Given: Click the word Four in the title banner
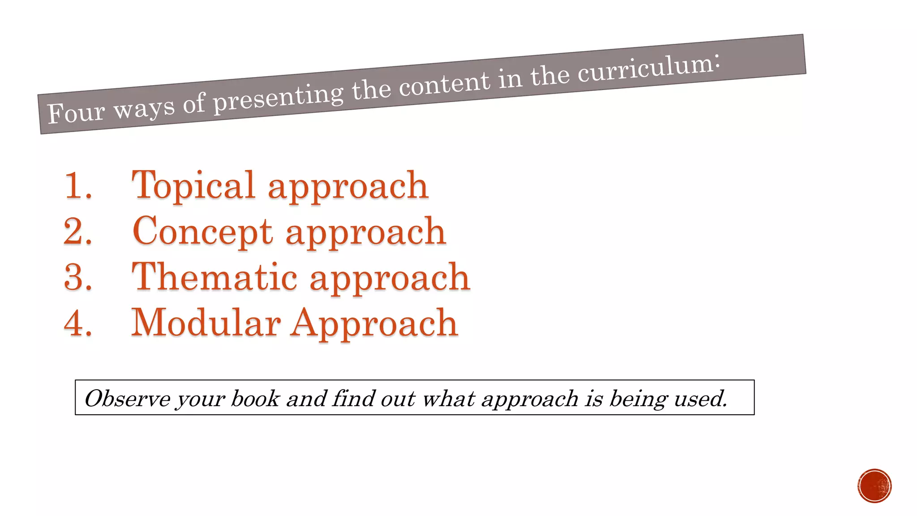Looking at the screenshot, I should [x=75, y=112].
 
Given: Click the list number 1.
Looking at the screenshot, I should [x=78, y=185].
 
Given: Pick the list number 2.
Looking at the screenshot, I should [x=78, y=232].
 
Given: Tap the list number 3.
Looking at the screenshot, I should [x=78, y=277].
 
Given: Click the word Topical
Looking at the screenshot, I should [x=193, y=185].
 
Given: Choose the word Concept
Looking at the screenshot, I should [x=202, y=232].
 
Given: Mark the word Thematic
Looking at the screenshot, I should [x=214, y=277].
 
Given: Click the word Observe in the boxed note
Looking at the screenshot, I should [x=127, y=399].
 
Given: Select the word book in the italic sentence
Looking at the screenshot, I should [x=255, y=399].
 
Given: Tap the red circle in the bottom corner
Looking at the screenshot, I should [x=874, y=486].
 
